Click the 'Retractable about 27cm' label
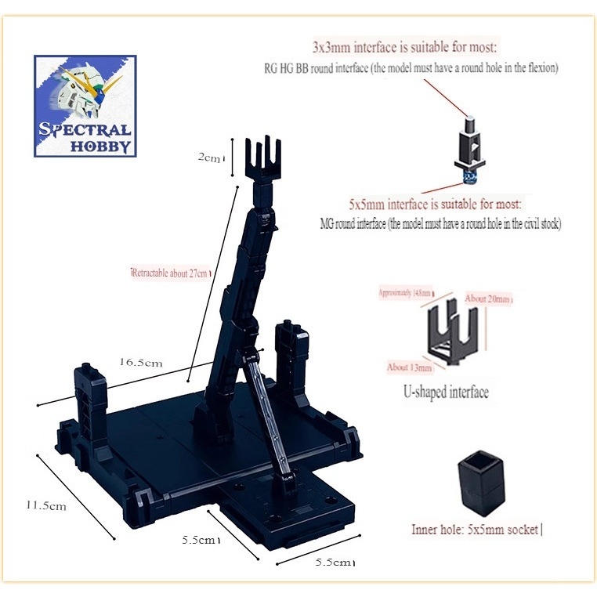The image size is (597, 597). (x=171, y=273)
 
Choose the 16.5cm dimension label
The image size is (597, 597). (x=141, y=363)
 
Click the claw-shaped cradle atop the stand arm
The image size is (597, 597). (x=262, y=160)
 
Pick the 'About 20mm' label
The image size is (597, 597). (x=489, y=299)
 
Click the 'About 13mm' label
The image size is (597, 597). (x=410, y=367)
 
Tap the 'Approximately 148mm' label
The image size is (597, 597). (x=405, y=292)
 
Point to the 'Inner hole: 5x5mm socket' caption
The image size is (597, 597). (x=476, y=530)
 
